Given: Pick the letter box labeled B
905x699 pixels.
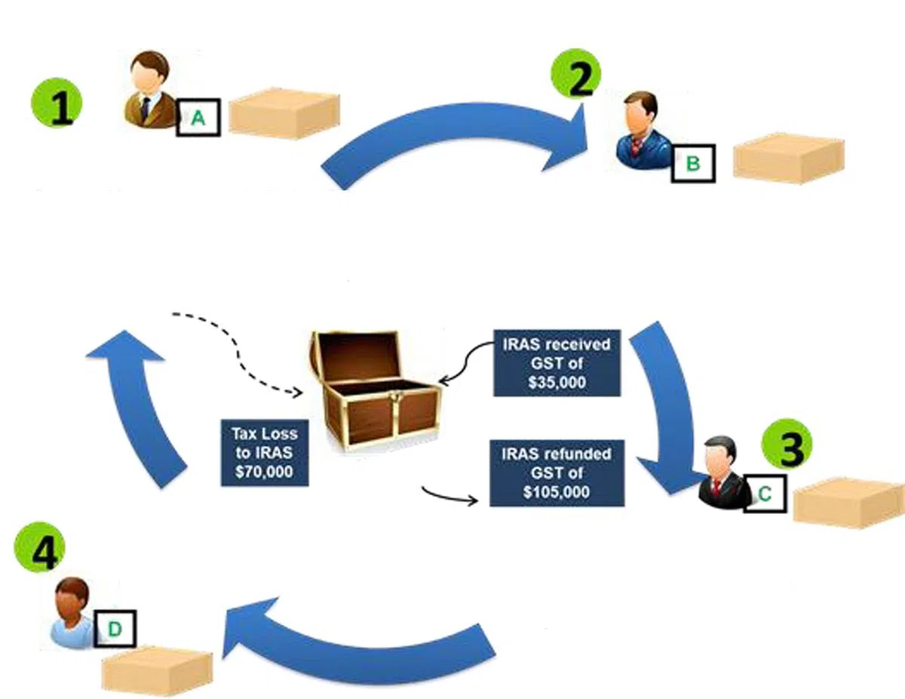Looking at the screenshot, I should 693,162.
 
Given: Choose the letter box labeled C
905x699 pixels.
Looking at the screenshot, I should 764,494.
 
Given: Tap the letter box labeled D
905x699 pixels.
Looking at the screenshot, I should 115,628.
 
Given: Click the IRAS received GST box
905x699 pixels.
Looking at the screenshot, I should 557,362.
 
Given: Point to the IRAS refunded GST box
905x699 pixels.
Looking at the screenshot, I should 557,473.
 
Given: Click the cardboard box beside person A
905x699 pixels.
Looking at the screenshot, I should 284,115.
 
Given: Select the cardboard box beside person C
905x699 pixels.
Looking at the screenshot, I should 848,502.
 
